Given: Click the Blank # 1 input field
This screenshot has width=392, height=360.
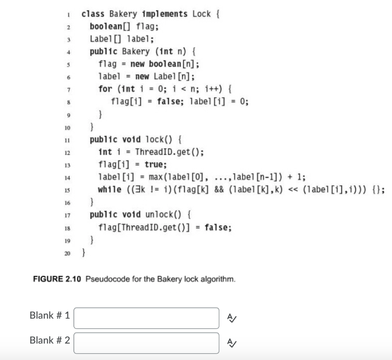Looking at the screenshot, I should [x=146, y=318].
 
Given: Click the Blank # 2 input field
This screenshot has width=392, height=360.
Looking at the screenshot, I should [x=146, y=343].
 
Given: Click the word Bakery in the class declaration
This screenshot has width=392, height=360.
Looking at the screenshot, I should [x=123, y=14].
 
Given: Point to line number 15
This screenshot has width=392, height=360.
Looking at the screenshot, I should [x=66, y=190].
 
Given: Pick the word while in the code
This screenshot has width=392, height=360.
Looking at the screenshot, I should [x=109, y=190].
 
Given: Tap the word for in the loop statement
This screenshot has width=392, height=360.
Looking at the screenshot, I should [x=105, y=89].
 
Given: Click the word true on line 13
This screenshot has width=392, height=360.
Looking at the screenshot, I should [x=155, y=165].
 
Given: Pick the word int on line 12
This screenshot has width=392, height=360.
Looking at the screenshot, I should [x=105, y=152].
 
